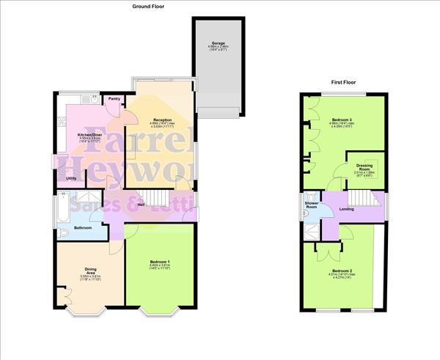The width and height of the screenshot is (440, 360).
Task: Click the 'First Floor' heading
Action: click(x=343, y=83)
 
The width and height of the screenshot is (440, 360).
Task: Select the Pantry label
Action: click(x=114, y=99)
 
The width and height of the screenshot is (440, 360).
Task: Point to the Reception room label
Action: click(x=162, y=120)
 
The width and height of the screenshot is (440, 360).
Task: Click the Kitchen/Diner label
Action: click(x=90, y=135)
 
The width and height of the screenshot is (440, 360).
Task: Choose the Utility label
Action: click(x=72, y=178)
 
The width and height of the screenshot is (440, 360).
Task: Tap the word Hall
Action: click(x=141, y=205)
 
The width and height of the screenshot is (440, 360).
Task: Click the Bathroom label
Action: click(x=82, y=228)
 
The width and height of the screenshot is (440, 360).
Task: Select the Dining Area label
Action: click(x=89, y=271)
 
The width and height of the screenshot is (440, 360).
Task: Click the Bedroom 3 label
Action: click(x=339, y=120)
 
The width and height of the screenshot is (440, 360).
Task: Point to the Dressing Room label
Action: click(x=364, y=168)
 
